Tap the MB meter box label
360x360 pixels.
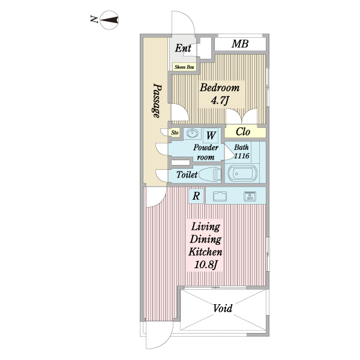239,44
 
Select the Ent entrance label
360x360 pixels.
183,48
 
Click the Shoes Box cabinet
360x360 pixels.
184,67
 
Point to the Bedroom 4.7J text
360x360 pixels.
220,94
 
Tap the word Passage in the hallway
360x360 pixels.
157,100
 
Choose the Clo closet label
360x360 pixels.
243,132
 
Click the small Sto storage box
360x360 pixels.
175,133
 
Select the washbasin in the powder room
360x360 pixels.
193,133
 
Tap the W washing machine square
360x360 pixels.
211,136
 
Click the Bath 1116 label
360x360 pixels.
241,151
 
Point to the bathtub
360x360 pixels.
242,173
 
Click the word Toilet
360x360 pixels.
187,175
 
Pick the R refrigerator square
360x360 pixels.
196,196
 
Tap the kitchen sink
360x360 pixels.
220,196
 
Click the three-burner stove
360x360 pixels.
250,196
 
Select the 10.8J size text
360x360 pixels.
206,265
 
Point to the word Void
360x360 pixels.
223,308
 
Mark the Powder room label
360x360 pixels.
206,152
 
